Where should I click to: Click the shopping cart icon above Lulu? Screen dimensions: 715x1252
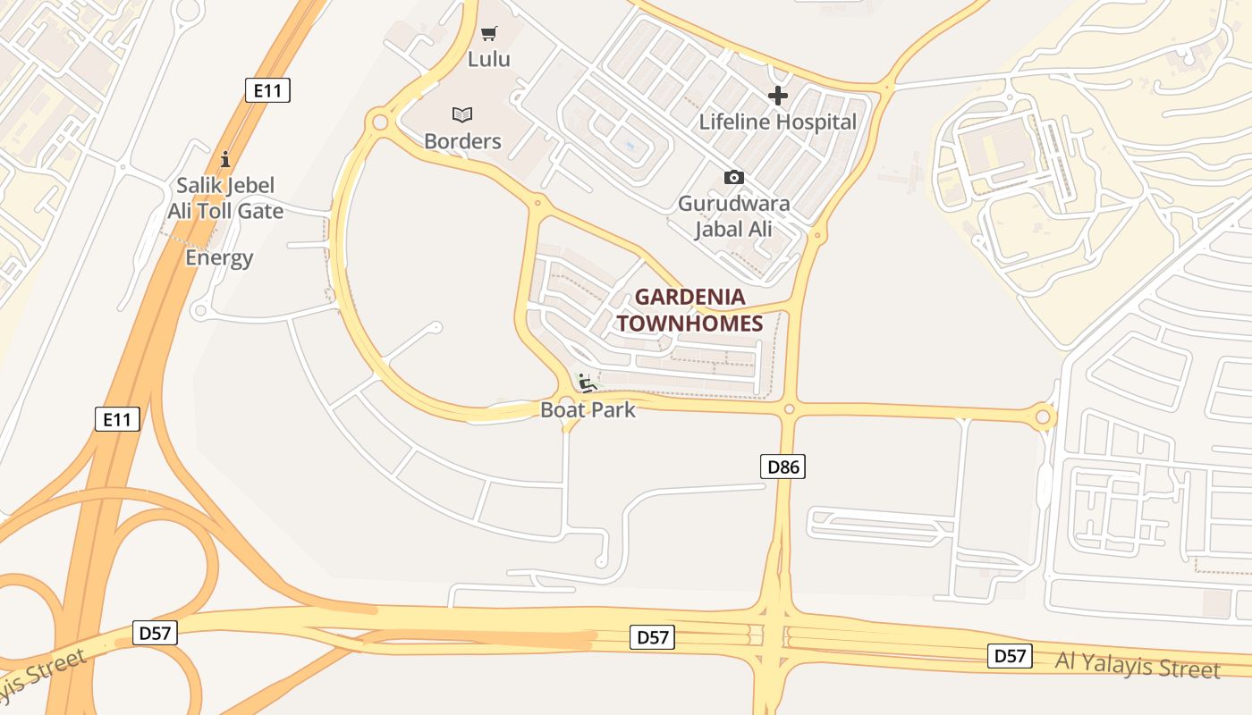coord(488,34)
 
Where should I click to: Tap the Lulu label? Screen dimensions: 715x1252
coord(489,59)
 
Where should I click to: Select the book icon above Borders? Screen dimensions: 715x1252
coord(461,114)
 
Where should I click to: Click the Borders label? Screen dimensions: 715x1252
coord(462,141)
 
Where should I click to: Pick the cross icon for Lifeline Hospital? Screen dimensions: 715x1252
coord(778,95)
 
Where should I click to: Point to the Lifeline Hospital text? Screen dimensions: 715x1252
coord(778,122)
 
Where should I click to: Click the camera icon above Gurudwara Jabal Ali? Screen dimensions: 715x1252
coord(733,177)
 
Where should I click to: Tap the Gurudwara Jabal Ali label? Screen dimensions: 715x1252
coord(733,215)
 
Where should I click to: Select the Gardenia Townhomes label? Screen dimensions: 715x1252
coord(689,309)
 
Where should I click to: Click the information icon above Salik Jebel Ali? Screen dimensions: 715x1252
coord(224,159)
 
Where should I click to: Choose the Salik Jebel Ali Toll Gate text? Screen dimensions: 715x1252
coord(225,198)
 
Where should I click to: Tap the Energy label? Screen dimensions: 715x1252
coord(219,258)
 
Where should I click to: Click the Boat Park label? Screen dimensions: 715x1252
coord(588,410)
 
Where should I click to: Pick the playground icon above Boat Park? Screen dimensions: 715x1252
coord(587,383)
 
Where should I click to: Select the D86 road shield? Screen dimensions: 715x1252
coord(782,466)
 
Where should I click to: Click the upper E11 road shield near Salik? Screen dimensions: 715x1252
coord(267,89)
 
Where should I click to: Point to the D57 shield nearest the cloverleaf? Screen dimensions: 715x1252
coord(156,633)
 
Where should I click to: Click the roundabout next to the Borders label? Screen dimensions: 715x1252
coord(380,121)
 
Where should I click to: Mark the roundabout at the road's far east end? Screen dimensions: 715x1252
coord(1043,416)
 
